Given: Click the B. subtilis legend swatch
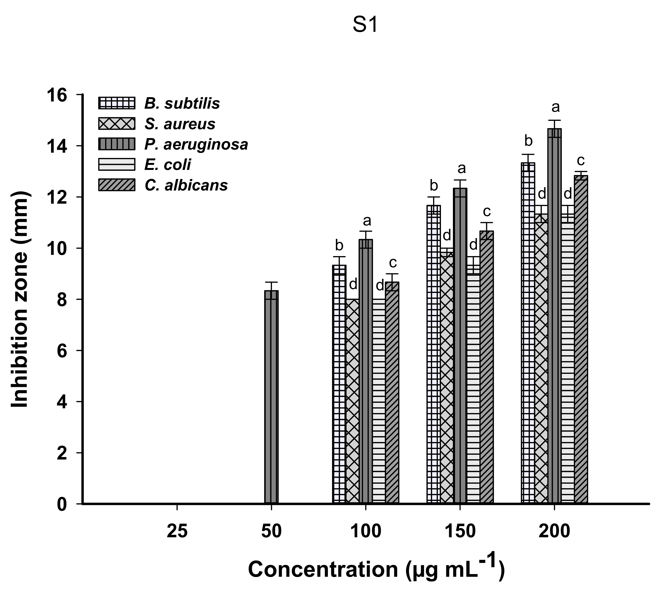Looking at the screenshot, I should [117, 103].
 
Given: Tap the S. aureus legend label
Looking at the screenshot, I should [180, 124].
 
